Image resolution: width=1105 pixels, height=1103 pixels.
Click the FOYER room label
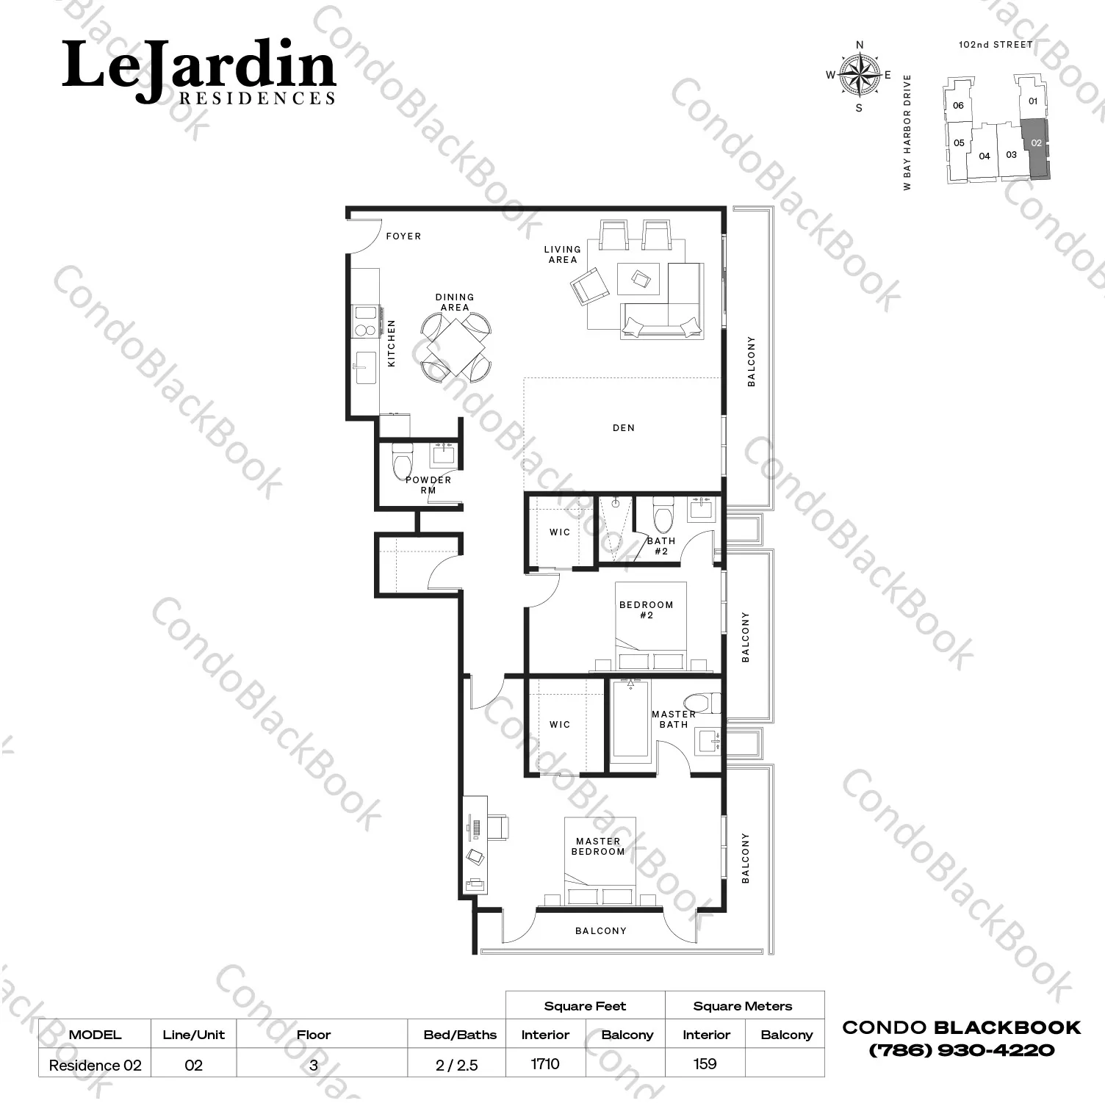tap(403, 236)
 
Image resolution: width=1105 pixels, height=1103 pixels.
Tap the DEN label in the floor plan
tap(623, 427)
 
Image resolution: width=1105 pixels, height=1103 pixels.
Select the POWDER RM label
tap(428, 485)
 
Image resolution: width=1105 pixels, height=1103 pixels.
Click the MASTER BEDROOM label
tap(598, 846)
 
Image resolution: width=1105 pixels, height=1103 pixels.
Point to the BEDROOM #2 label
tap(646, 610)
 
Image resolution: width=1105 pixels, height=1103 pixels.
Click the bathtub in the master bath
tap(630, 719)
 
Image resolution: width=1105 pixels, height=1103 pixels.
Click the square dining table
tap(456, 346)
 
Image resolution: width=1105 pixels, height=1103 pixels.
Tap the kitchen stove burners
tap(364, 321)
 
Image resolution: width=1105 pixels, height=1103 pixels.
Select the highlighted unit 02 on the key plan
tap(1036, 147)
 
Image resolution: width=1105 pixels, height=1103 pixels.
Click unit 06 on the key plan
tap(958, 105)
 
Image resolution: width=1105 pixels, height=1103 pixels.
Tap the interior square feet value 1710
tap(545, 1063)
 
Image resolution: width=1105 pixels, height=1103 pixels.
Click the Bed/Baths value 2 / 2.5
tap(456, 1065)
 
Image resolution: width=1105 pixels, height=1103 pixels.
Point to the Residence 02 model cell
tap(95, 1065)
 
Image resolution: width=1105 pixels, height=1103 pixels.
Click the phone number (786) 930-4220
tap(961, 1050)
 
